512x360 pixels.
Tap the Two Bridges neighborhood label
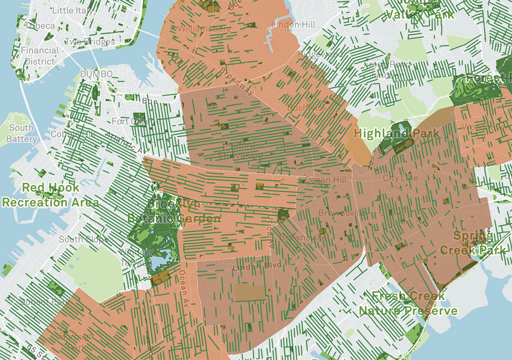pos(82,41)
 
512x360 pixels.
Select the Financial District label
pos(39,56)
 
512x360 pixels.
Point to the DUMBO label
pos(96,75)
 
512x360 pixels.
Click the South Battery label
pos(22,133)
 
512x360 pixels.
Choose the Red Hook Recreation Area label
pos(50,195)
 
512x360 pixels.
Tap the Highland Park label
pos(396,134)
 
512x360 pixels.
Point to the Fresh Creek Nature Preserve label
pos(408,303)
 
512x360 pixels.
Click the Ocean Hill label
pos(326,180)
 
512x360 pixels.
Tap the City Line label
pos(397,178)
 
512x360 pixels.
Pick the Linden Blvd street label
pos(251,267)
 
